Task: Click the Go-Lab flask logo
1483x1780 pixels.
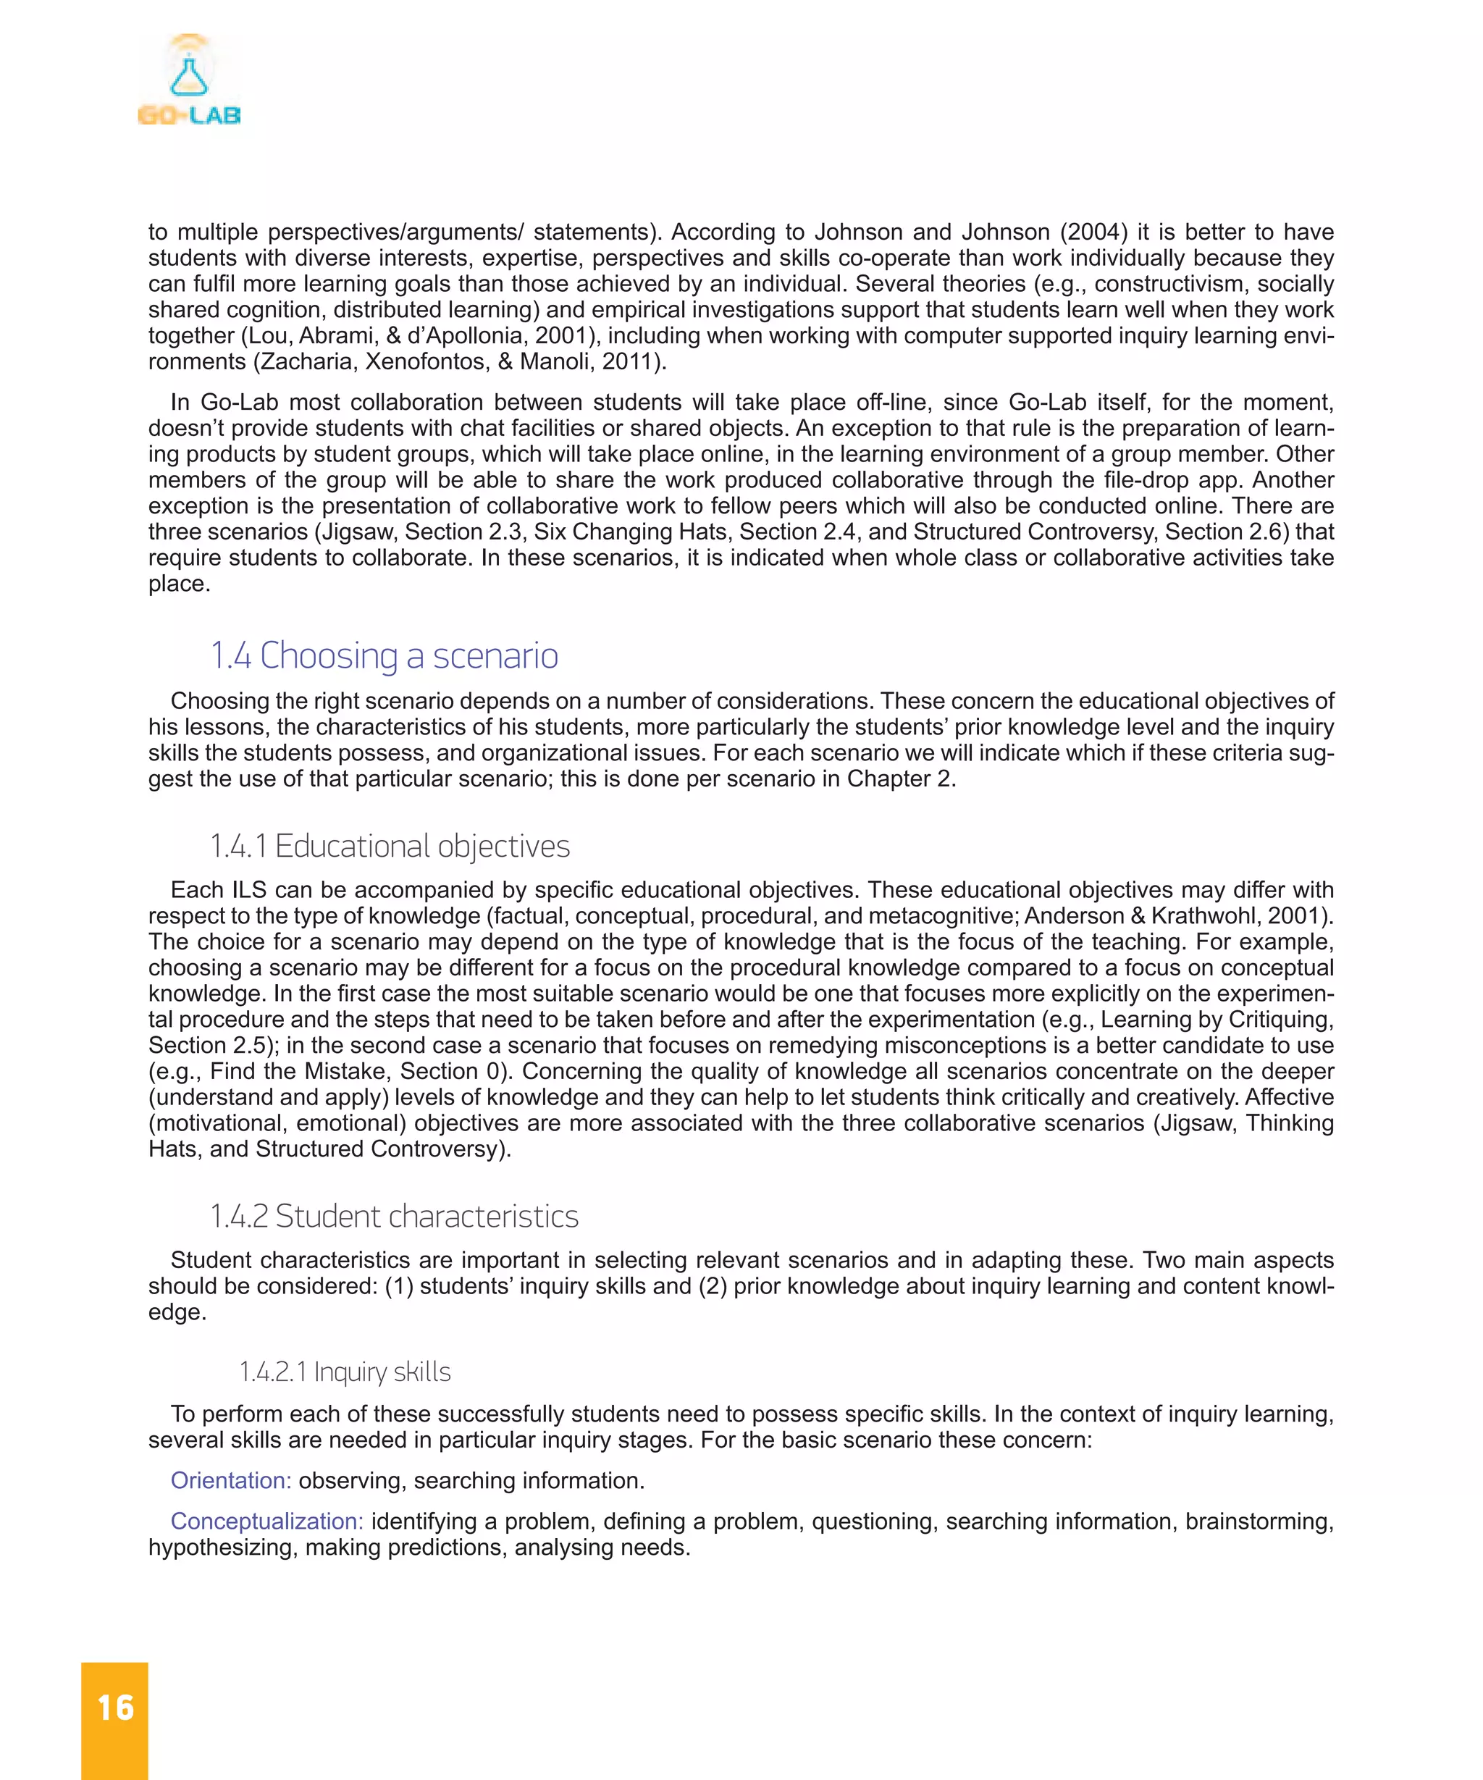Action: [189, 79]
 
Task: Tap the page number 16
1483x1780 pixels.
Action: [115, 1707]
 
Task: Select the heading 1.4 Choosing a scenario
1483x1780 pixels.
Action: [384, 655]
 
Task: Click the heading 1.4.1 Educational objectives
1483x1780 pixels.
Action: [390, 846]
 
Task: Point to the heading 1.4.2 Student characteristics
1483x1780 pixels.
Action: [394, 1215]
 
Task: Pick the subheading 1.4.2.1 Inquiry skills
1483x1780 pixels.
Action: [345, 1372]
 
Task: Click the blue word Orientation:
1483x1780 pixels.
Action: [230, 1480]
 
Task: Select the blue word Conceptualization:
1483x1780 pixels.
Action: [267, 1521]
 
